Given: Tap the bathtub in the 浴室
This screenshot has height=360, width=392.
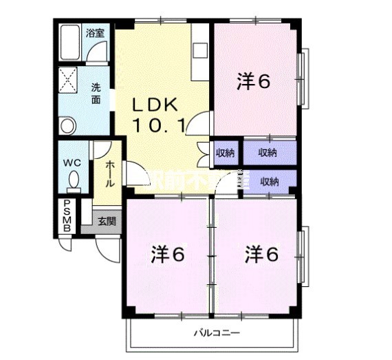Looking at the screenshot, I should click(x=71, y=43).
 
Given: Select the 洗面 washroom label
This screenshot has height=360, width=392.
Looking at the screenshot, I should click(x=97, y=92).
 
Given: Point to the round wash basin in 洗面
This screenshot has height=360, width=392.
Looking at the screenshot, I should click(x=67, y=125).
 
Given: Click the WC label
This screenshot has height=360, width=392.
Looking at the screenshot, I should click(x=73, y=162).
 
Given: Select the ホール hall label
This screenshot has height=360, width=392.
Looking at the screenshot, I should click(x=109, y=173).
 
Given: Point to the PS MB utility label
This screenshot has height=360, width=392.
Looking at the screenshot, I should click(x=67, y=215).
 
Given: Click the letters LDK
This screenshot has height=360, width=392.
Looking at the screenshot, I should click(x=155, y=105).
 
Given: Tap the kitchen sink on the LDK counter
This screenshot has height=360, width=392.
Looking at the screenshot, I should click(x=199, y=50).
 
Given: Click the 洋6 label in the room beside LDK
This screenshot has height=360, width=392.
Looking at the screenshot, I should click(x=253, y=82).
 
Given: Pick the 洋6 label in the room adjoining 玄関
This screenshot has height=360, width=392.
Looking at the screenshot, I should click(x=168, y=255).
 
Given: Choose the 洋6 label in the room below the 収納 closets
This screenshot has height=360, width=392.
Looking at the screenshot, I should click(x=262, y=255).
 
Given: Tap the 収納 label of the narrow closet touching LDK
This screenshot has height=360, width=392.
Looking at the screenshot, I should click(x=225, y=153).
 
